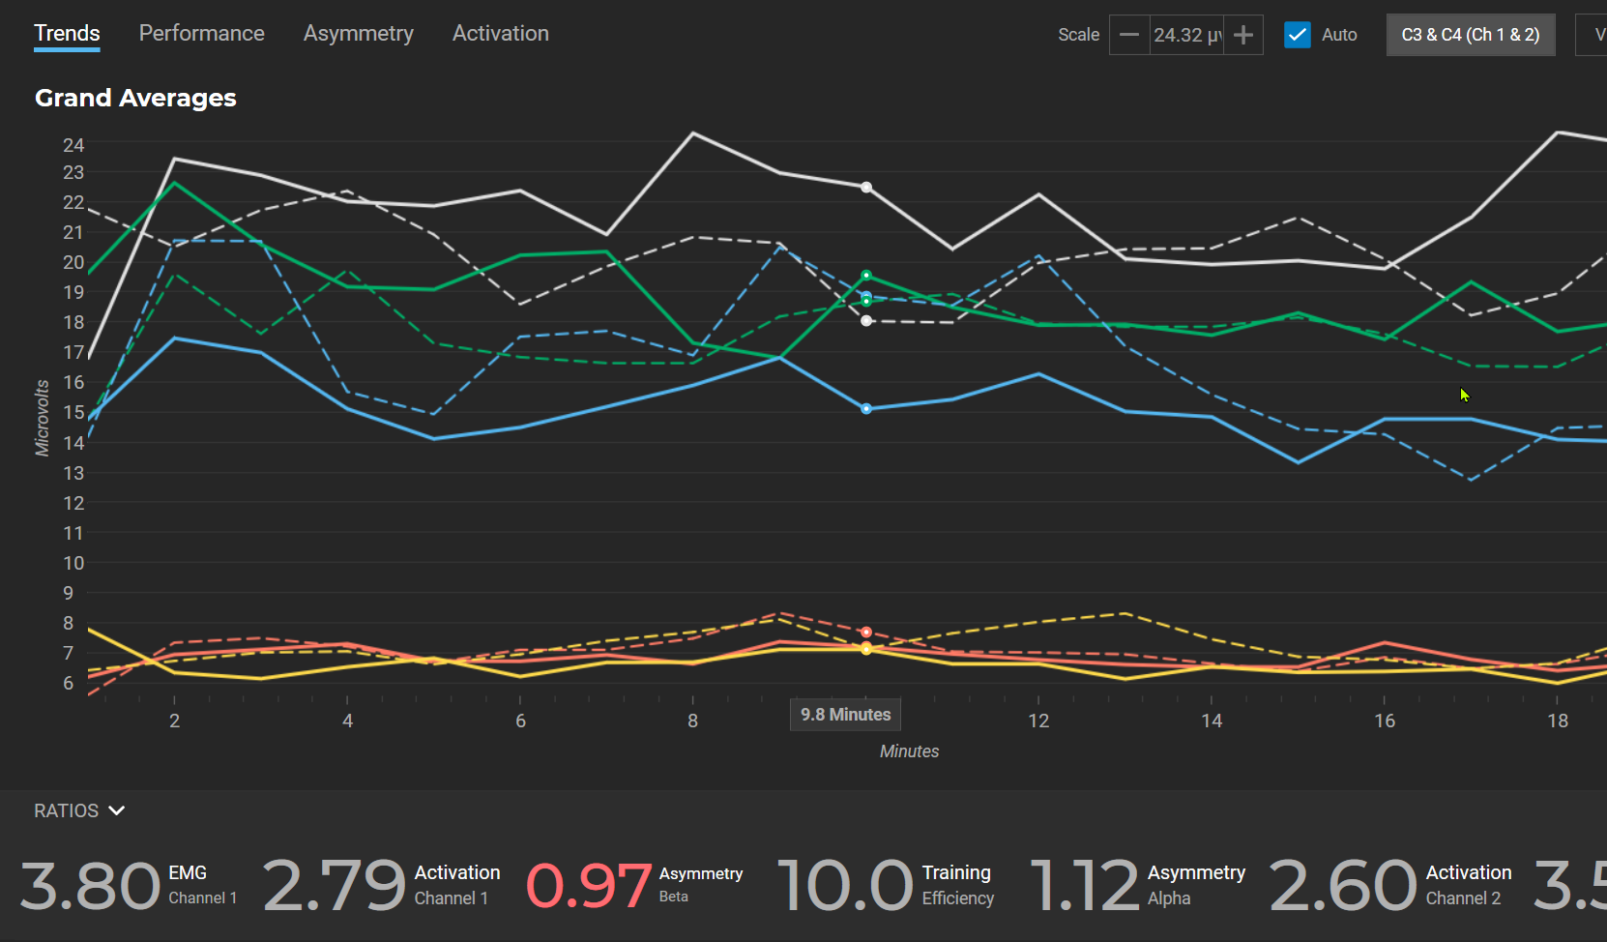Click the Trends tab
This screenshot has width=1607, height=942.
pos(67,34)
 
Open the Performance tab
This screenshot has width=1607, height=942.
pos(201,34)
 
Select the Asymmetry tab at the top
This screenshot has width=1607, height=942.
pos(358,34)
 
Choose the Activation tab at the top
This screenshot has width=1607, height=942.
pos(500,34)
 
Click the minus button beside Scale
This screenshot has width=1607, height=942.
pos(1128,36)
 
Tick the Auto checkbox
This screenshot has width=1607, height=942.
pos(1297,35)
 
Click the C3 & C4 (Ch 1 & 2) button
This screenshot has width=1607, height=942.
pos(1470,35)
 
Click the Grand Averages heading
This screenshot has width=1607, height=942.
pos(135,99)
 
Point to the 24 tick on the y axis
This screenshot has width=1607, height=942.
pos(73,145)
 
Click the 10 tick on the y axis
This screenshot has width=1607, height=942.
pos(73,563)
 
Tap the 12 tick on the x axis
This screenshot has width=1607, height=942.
pos(1038,721)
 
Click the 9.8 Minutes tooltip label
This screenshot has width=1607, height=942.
pos(845,715)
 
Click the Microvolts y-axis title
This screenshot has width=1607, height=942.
pos(43,418)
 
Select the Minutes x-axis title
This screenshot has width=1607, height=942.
pos(909,751)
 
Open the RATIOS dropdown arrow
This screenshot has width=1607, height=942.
pos(117,810)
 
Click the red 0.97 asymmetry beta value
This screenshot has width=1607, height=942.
pos(588,885)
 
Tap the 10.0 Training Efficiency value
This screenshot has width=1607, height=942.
pos(844,885)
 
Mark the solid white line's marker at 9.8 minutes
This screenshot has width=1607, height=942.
pos(866,188)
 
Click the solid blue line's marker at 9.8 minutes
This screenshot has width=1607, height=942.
pos(866,409)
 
